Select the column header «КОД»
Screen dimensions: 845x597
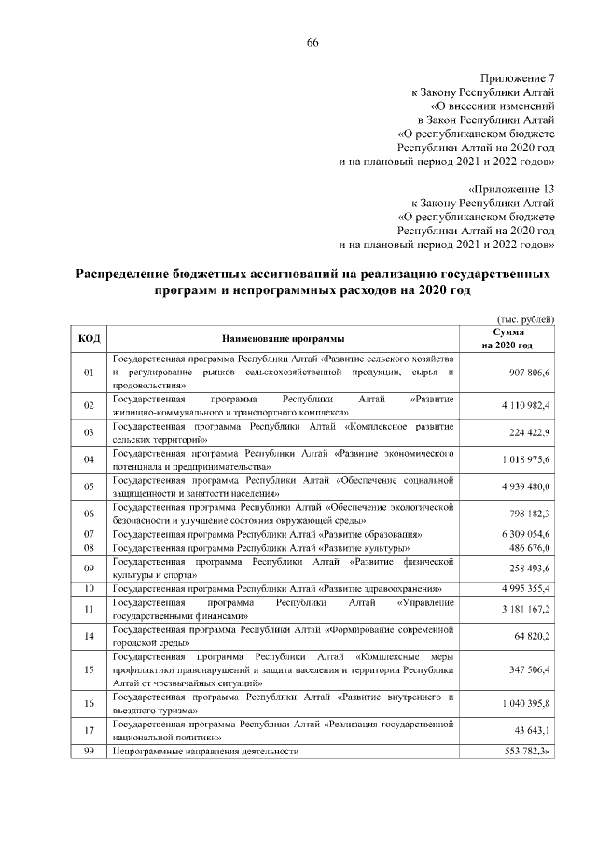[90, 338]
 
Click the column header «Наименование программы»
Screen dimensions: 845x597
[283, 339]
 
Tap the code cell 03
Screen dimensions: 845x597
[90, 432]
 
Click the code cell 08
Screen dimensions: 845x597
[90, 548]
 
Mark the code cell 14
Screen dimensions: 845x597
[90, 636]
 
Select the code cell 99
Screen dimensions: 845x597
[90, 751]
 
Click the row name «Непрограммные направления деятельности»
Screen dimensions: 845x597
[205, 751]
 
